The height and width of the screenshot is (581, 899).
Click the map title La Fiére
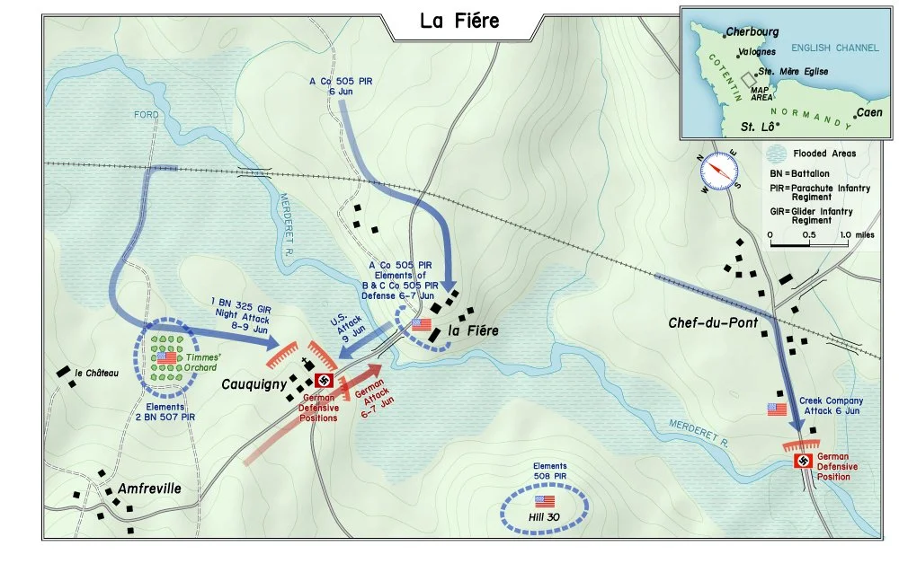click(459, 21)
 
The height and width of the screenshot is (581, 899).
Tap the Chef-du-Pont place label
click(715, 322)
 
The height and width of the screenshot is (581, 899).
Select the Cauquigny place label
click(254, 384)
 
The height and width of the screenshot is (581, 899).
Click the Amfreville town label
click(149, 489)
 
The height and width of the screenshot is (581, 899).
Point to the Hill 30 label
click(544, 517)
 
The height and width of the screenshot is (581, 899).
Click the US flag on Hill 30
click(545, 500)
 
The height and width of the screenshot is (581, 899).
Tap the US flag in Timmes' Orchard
click(166, 357)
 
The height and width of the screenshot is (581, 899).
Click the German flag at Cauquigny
click(323, 381)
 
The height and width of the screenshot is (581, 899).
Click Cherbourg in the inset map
click(752, 31)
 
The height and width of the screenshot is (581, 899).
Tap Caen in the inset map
click(868, 112)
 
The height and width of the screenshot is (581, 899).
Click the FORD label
click(146, 115)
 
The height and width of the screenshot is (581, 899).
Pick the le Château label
click(96, 374)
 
